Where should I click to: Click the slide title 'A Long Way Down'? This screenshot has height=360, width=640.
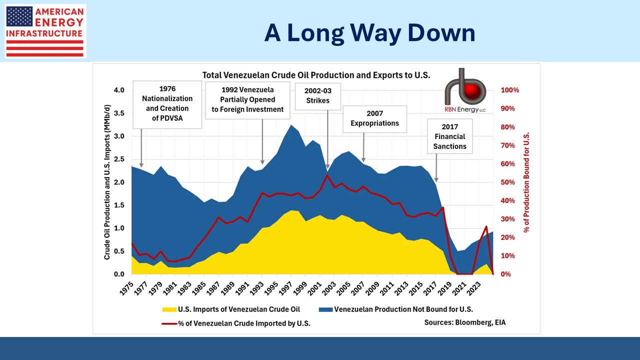(369, 33)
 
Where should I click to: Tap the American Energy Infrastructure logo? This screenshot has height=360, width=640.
(45, 31)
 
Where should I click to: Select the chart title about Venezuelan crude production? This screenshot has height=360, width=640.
(316, 75)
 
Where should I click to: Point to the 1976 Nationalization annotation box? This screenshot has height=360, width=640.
(166, 104)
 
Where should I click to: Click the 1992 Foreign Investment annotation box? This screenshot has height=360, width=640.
(247, 100)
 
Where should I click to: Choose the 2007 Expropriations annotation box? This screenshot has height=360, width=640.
(374, 118)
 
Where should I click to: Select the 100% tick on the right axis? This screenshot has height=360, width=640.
(510, 90)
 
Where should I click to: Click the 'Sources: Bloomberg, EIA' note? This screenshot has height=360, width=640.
(465, 322)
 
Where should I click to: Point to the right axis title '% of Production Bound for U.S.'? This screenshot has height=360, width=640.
(526, 182)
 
